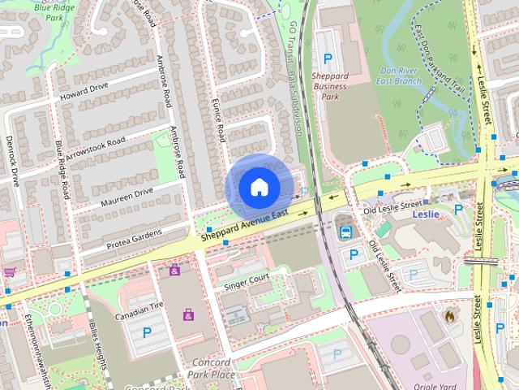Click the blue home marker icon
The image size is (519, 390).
tap(259, 187)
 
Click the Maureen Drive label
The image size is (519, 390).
tap(127, 196)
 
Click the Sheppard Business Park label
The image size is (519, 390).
tap(329, 85)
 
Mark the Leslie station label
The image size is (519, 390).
tap(425, 214)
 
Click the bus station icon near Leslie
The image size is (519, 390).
tap(345, 232)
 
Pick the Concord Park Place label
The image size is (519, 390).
tap(213, 368)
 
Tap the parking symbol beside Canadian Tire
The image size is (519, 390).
tap(147, 332)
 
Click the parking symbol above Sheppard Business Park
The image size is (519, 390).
tap(328, 58)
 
